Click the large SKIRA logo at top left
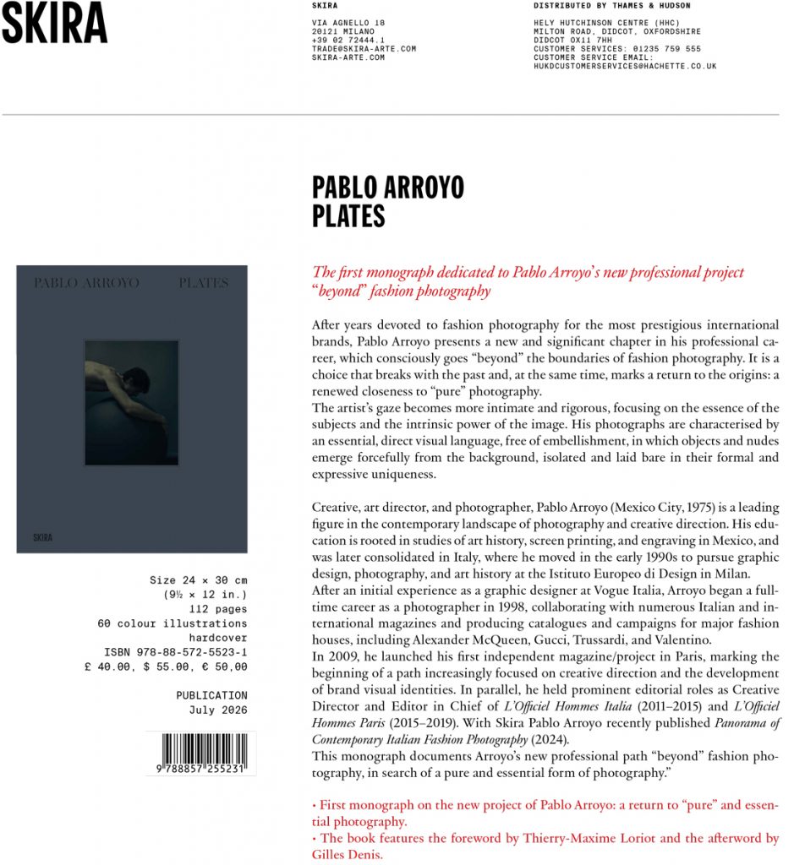coord(53,24)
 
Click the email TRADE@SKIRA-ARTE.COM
coord(364,49)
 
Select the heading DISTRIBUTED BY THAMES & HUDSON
coord(600,6)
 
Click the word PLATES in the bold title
coord(348,216)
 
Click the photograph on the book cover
coord(131,403)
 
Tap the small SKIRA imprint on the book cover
coord(42,537)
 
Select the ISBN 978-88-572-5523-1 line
coord(175,652)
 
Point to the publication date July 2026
coord(218,710)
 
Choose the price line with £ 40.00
coord(166,666)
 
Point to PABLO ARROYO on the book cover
coord(86,283)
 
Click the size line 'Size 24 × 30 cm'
coord(198,580)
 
